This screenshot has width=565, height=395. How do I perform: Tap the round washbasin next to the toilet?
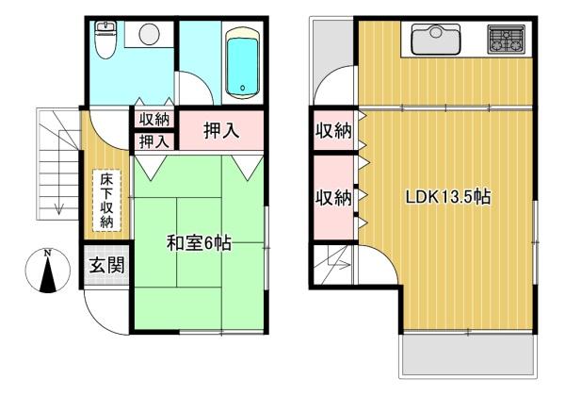tap(149, 34)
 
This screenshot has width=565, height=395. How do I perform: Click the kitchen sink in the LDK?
tap(434, 41)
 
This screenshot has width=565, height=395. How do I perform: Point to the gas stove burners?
tap(505, 41)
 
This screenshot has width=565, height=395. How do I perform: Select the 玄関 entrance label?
tap(106, 265)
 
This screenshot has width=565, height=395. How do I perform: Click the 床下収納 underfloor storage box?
tap(106, 200)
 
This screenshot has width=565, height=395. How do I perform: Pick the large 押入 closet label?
tap(220, 130)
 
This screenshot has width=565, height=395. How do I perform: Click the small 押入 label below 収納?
tap(153, 141)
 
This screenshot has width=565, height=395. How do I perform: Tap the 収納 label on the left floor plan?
tap(153, 119)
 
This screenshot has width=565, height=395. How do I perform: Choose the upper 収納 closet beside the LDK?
tap(332, 130)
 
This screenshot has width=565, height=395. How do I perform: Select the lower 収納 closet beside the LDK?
tap(332, 198)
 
